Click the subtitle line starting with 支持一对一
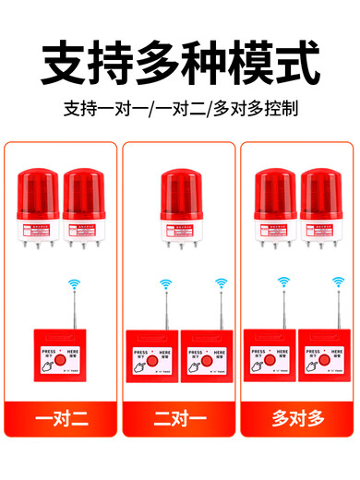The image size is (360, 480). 180,108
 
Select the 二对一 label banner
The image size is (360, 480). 180,418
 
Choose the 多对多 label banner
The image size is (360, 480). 297,418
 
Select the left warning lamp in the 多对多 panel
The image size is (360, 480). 274,205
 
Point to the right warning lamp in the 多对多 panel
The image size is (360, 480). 321,205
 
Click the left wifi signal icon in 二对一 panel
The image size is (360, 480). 165,284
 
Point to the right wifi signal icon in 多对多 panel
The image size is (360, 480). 337,284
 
